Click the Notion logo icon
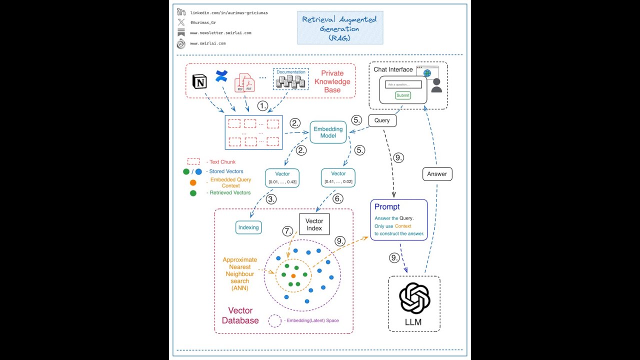199,81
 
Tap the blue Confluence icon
221,76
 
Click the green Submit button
402,95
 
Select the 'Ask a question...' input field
403,84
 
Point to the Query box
382,120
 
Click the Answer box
437,174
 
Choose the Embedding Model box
328,132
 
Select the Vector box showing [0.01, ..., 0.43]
282,177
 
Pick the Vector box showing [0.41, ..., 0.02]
338,177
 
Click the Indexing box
248,227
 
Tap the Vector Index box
314,224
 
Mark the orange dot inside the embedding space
293,276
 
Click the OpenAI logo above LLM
414,298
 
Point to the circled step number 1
263,106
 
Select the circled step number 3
271,199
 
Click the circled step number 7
287,231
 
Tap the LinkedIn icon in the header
181,12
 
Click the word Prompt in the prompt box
387,207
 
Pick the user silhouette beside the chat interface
436,85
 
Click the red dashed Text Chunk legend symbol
193,161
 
